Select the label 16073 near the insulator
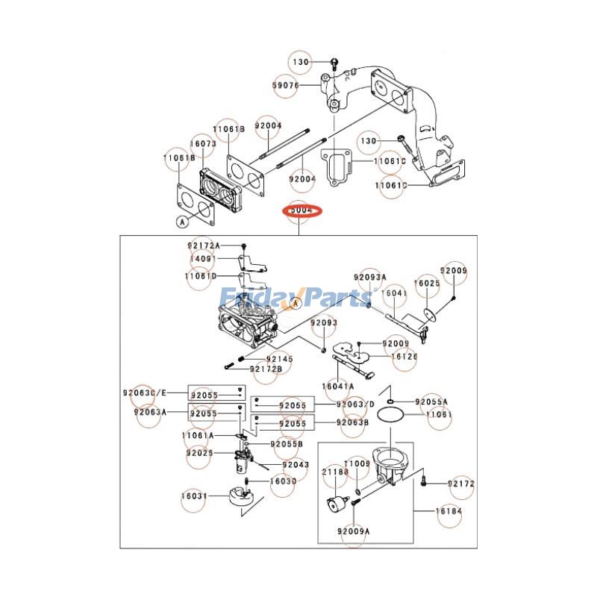coord(202,143)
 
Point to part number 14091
coord(202,259)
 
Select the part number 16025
coord(428,284)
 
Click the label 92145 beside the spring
coord(281,359)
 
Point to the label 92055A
coord(431,401)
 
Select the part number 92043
coord(295,464)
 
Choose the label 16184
coord(450,512)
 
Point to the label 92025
coord(200,452)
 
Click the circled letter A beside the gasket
coord(181,221)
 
